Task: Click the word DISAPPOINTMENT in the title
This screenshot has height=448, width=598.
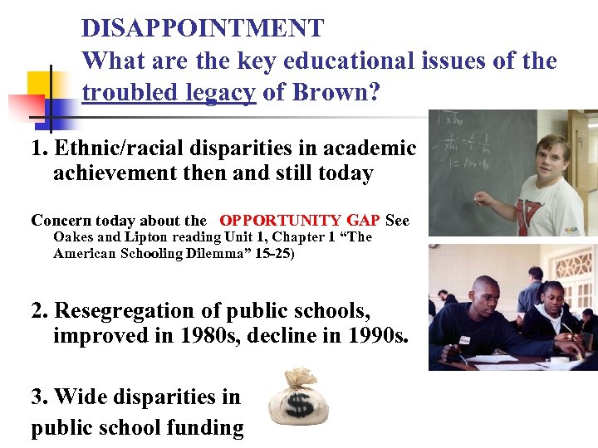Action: (x=203, y=28)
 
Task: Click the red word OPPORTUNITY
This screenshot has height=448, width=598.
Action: (x=280, y=221)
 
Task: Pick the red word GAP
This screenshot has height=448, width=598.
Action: (x=363, y=221)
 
